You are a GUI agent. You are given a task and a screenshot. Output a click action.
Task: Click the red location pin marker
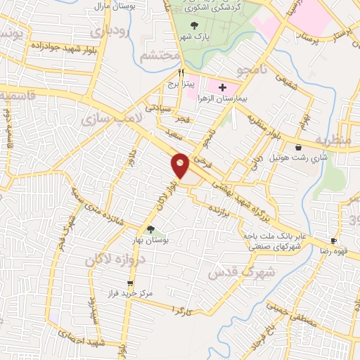(x=180, y=165)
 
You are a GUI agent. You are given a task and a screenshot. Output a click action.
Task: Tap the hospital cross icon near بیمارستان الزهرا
(x=222, y=88)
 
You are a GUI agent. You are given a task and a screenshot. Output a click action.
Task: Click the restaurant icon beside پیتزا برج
(x=181, y=72)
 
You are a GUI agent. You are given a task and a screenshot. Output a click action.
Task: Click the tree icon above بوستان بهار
(x=150, y=229)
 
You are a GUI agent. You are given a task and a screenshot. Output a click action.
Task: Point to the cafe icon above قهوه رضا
(x=335, y=240)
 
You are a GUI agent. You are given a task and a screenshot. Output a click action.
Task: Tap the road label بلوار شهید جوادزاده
(x=58, y=45)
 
